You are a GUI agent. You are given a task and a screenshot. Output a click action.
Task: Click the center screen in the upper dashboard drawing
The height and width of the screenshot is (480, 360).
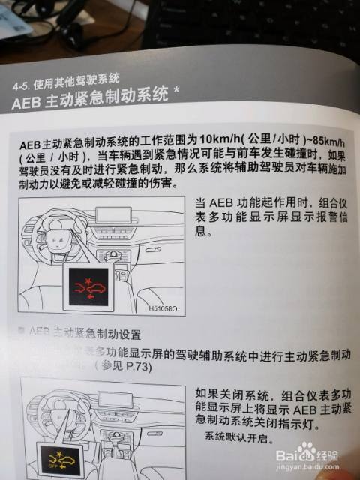tap(113, 214)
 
